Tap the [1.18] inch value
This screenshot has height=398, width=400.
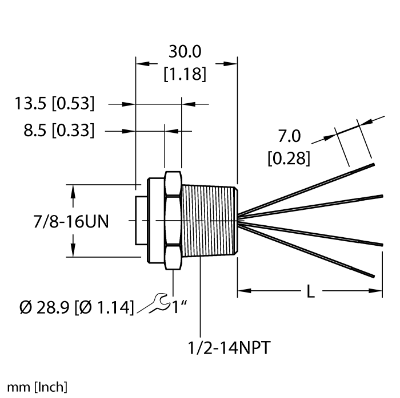click(x=185, y=75)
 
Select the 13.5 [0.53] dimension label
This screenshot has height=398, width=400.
click(x=55, y=104)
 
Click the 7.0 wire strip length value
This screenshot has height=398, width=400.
click(x=289, y=136)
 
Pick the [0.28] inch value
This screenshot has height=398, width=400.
click(x=289, y=157)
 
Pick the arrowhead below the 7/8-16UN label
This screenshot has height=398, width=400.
click(x=73, y=249)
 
